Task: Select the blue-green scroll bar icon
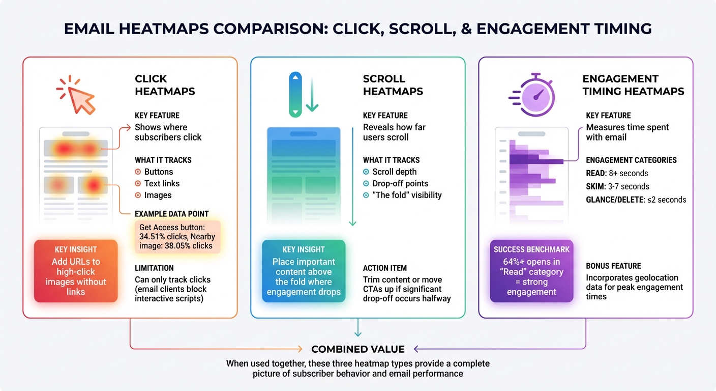pyautogui.click(x=295, y=95)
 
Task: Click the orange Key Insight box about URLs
pyautogui.click(x=76, y=271)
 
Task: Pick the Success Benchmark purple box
pyautogui.click(x=531, y=271)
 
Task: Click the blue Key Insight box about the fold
pyautogui.click(x=304, y=271)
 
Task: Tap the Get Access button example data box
pyautogui.click(x=177, y=237)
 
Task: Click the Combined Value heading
pyautogui.click(x=357, y=349)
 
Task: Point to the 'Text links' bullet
pyautogui.click(x=161, y=183)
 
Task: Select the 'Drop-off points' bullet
pyautogui.click(x=400, y=183)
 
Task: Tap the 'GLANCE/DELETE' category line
pyautogui.click(x=636, y=200)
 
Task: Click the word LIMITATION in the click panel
pyautogui.click(x=154, y=268)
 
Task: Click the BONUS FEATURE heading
pyautogui.click(x=613, y=266)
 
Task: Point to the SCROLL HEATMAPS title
pyautogui.click(x=393, y=85)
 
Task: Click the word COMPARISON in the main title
pyautogui.click(x=269, y=29)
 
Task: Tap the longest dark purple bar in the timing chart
pyautogui.click(x=536, y=161)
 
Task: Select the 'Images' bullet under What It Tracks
pyautogui.click(x=158, y=195)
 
